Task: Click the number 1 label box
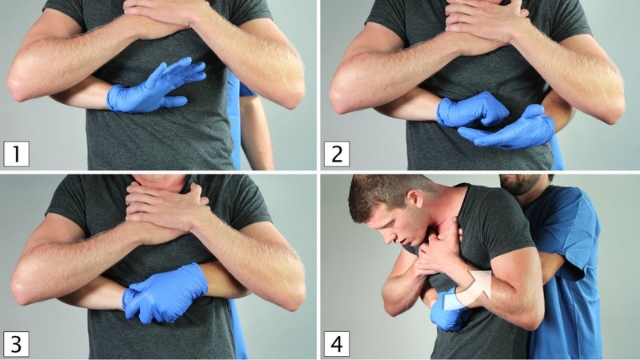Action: tap(16, 154)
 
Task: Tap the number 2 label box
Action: tap(337, 154)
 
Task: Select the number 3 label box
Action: tap(16, 344)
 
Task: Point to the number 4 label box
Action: tap(337, 344)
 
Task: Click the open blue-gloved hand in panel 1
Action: tap(155, 87)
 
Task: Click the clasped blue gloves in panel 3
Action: tap(163, 294)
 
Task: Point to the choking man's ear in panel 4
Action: tap(415, 199)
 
